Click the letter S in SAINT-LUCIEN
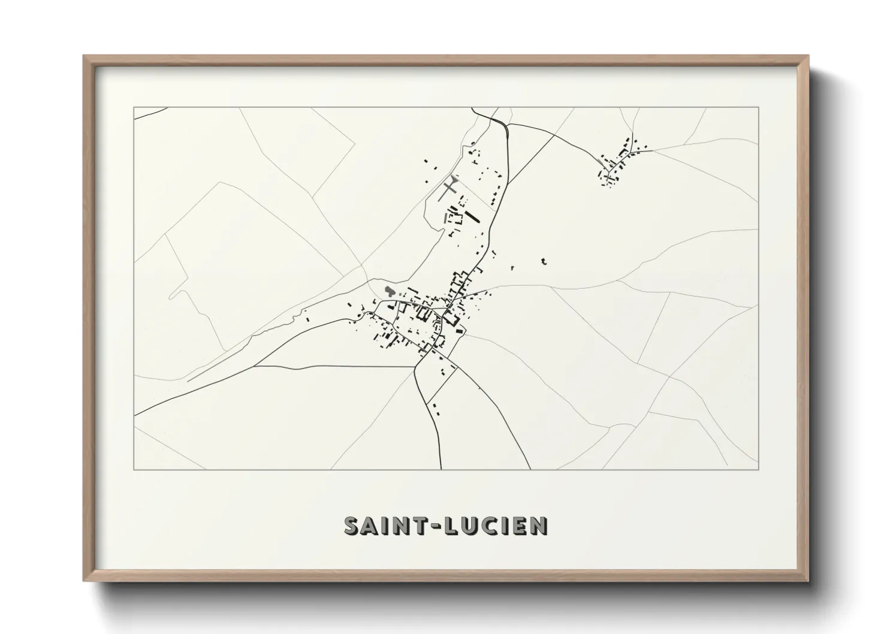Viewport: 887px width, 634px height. [x=352, y=526]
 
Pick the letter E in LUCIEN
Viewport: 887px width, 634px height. [x=521, y=526]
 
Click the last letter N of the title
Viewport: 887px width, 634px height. [x=539, y=526]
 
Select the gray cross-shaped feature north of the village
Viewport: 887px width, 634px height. [x=449, y=187]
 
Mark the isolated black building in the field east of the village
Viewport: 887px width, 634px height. [x=544, y=261]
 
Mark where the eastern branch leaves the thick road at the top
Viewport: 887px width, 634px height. [x=508, y=124]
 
